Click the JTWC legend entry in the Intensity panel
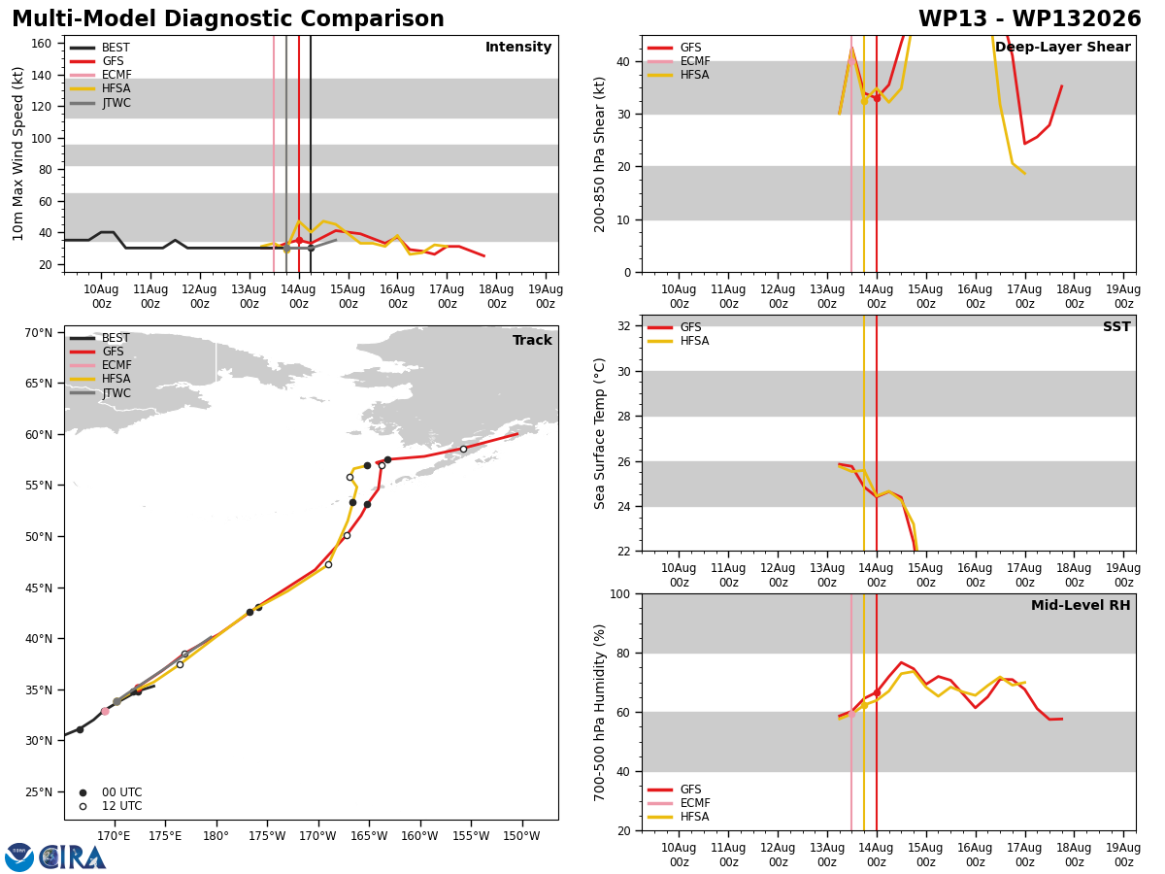pyautogui.click(x=100, y=102)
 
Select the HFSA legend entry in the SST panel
pyautogui.click(x=679, y=341)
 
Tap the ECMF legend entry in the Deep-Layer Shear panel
pyautogui.click(x=679, y=61)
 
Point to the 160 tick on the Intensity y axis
pyautogui.click(x=41, y=44)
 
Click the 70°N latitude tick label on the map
pyautogui.click(x=38, y=333)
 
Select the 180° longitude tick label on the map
pyautogui.click(x=216, y=836)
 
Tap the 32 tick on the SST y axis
pyautogui.click(x=623, y=326)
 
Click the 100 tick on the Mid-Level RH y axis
pyautogui.click(x=620, y=594)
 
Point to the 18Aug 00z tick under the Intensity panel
pyautogui.click(x=496, y=296)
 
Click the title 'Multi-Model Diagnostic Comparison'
pyautogui.click(x=228, y=18)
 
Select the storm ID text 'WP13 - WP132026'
pyautogui.click(x=1030, y=18)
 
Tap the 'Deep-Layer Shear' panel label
pyautogui.click(x=1062, y=47)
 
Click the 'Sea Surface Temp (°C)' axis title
pyautogui.click(x=599, y=433)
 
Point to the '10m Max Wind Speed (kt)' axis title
pyautogui.click(x=18, y=153)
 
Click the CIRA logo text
pyautogui.click(x=72, y=857)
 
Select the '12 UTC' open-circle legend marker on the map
pyautogui.click(x=83, y=806)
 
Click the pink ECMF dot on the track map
pyautogui.click(x=105, y=712)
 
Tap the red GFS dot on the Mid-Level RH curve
pyautogui.click(x=877, y=693)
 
